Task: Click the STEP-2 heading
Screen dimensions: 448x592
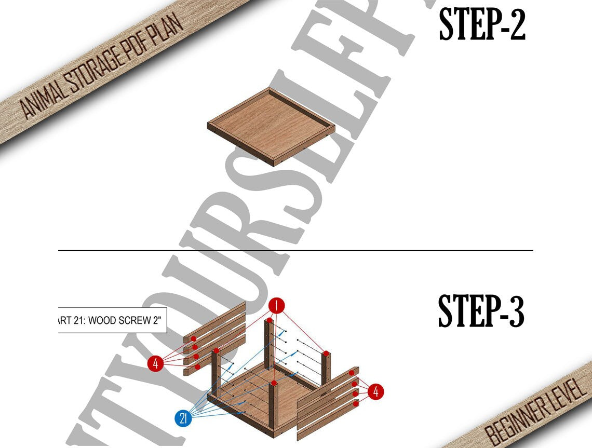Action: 482,25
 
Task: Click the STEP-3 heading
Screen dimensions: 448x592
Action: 481,311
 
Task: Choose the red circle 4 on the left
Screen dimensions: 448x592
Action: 155,364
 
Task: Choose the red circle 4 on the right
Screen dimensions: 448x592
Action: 376,392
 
